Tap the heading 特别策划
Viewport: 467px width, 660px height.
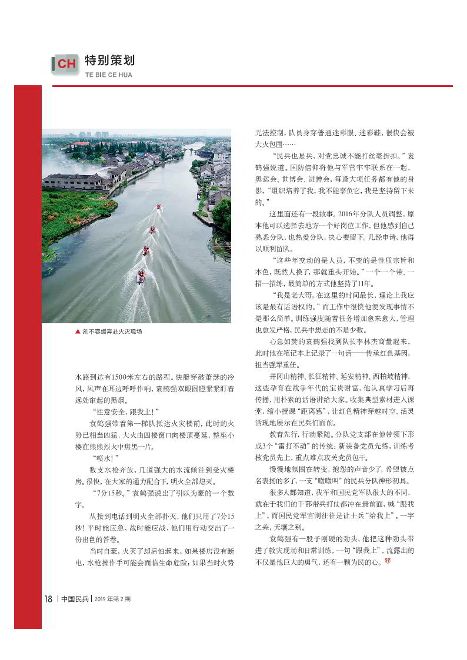(110, 61)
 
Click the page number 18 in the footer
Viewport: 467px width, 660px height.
(48, 599)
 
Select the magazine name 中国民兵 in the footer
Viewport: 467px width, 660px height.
(75, 599)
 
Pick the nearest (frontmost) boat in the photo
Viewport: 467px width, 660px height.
(141, 276)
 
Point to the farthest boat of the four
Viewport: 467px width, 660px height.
(158, 207)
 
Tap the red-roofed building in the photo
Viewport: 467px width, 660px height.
(82, 143)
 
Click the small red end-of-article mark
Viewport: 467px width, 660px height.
(387, 562)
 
